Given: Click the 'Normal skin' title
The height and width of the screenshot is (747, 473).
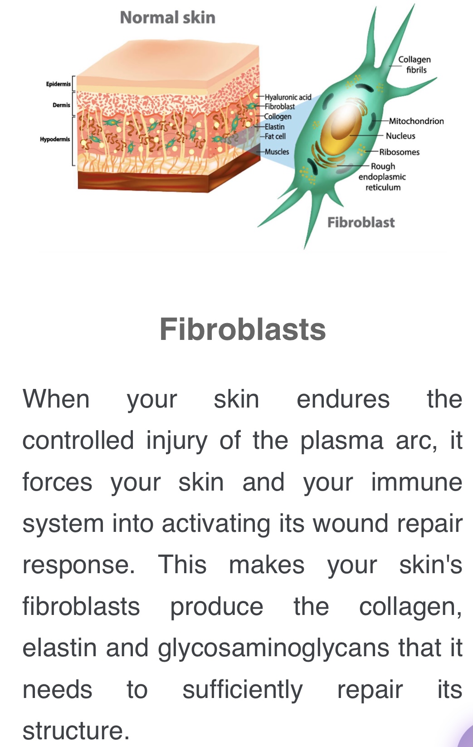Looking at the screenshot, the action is coord(167,17).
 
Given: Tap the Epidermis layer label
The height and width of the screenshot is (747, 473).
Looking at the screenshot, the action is coord(59,84).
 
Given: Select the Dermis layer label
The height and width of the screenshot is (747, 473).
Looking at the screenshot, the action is coord(61,105).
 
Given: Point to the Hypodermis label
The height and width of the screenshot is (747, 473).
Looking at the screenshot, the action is coord(55,139).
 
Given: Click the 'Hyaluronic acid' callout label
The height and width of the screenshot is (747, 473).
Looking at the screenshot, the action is coord(288,97).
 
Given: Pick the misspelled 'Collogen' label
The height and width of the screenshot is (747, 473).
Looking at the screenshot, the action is coord(278,117).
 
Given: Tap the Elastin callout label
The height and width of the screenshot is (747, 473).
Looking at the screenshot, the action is coord(275,127).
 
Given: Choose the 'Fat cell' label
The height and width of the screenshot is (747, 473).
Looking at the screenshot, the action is coord(275,136).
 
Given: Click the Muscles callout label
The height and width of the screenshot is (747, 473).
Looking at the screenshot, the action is coord(277,152).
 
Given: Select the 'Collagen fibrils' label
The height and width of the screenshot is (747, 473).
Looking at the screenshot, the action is coord(414,64).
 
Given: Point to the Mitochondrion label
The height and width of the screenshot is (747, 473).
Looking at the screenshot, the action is coord(416,121).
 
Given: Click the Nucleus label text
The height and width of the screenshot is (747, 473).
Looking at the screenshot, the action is coord(400,136).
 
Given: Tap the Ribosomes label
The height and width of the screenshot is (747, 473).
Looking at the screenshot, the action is coord(400,152).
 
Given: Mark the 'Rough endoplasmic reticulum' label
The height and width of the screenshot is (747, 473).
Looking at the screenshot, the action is coord(382,177).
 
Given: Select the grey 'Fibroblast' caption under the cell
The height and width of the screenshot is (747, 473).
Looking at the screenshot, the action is coord(361,222).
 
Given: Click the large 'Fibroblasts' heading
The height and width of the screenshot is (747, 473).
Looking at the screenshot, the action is coord(243,329).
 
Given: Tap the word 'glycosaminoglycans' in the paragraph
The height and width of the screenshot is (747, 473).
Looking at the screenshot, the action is coord(273,649).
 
